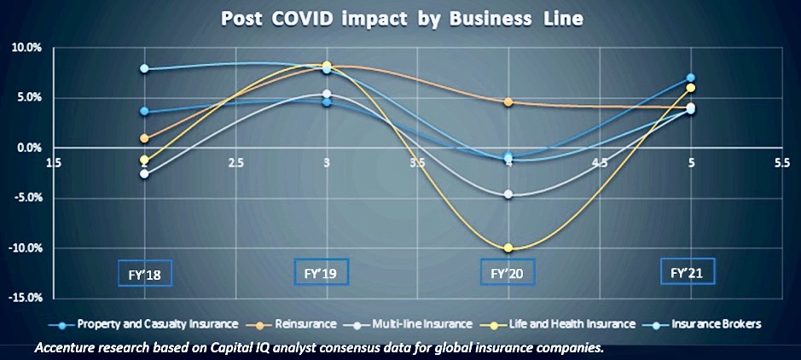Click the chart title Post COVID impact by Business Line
point(400,18)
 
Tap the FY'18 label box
point(146,275)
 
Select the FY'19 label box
point(322,273)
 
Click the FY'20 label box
point(508,275)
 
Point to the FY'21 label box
point(688,272)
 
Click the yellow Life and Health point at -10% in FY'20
point(509,248)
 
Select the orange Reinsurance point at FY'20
point(509,102)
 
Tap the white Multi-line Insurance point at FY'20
point(509,195)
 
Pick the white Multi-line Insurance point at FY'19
point(327,94)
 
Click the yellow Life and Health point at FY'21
point(691,88)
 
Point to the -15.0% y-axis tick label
point(26,299)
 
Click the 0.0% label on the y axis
point(28,148)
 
